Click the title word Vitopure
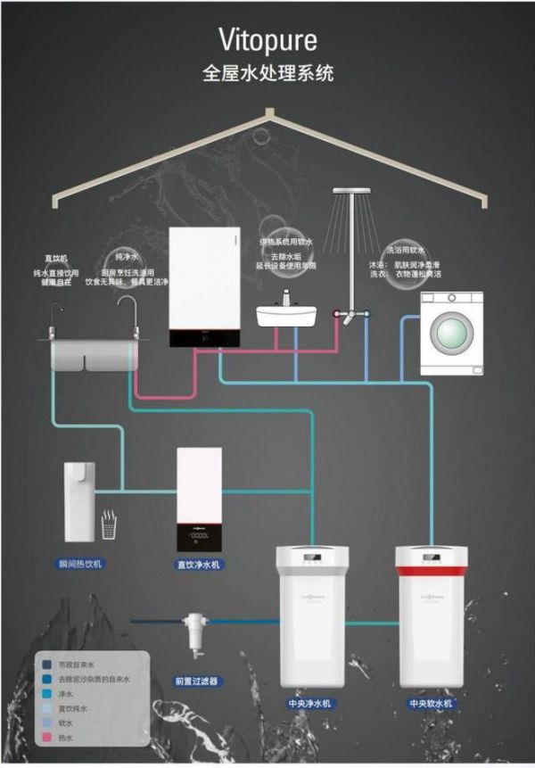coord(267,40)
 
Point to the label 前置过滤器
coord(196,681)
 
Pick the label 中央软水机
coord(431,704)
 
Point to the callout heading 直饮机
coord(56,258)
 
